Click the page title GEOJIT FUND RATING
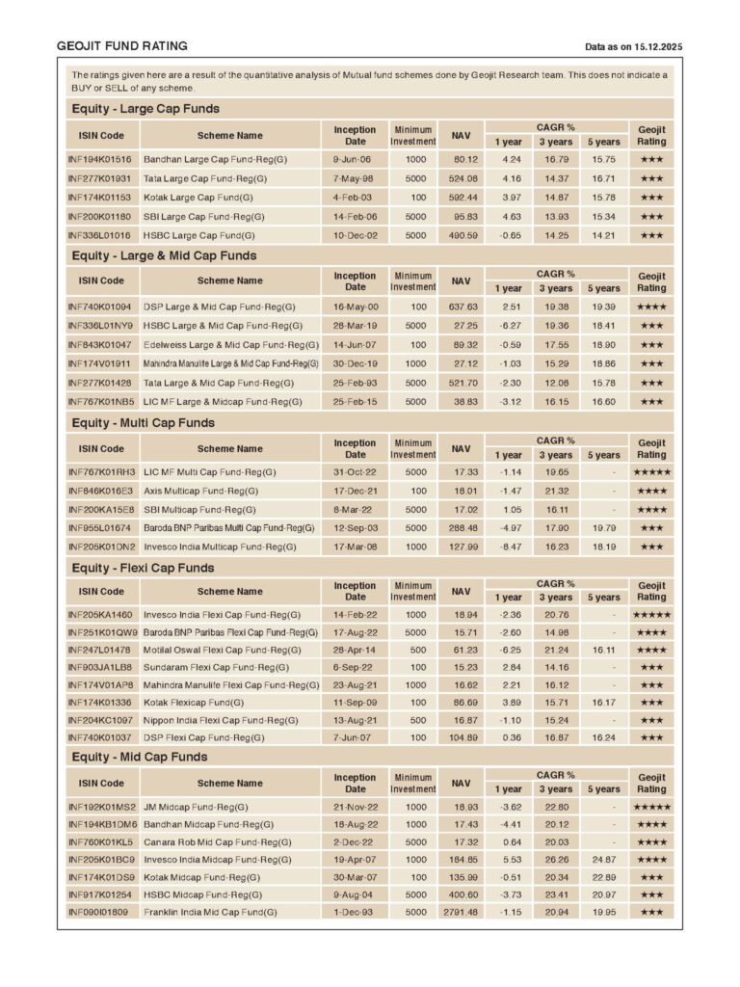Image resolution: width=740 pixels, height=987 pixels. pos(122,46)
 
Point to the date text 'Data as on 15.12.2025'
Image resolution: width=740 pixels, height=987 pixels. pos(633,47)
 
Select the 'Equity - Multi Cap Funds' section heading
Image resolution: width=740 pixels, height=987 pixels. pos(144,423)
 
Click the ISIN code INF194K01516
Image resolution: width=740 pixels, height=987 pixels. pos(99,159)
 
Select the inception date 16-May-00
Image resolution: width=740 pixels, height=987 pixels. pos(356,307)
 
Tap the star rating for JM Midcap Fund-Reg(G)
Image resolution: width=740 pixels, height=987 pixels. pos(651,807)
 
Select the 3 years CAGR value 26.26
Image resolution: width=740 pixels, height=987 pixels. pos(556,860)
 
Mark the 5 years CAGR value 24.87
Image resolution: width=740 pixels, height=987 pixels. pos(604,860)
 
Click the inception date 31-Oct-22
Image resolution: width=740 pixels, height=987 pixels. pos(356,472)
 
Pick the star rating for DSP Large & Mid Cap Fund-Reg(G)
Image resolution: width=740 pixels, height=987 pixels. pos(651,307)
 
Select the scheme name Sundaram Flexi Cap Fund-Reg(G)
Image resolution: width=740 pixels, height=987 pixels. pos(216,668)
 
